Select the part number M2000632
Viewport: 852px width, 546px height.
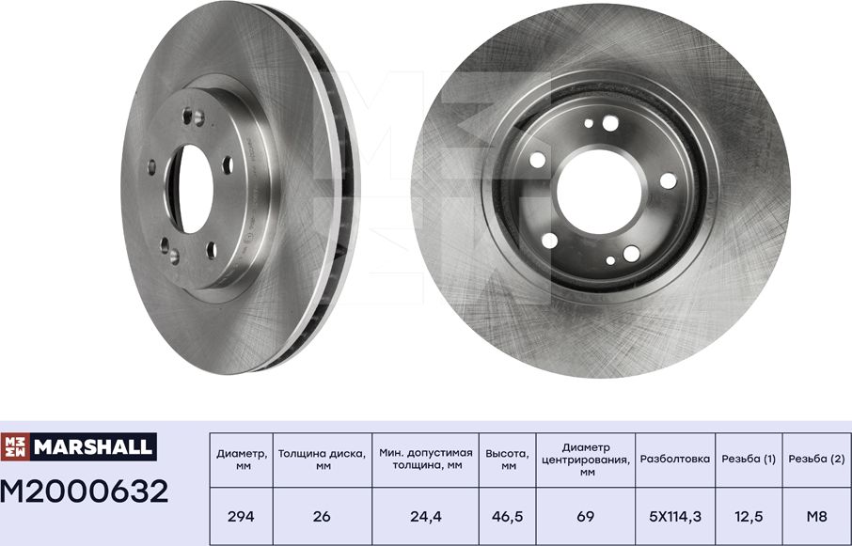[x=85, y=491]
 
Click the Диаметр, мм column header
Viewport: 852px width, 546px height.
[x=241, y=460]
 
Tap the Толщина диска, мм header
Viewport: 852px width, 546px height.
[x=321, y=460]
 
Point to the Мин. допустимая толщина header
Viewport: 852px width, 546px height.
[x=425, y=460]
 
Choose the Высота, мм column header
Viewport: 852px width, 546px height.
[x=507, y=460]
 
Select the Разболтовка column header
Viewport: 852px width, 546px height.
[x=675, y=460]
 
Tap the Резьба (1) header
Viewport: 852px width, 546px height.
[x=749, y=460]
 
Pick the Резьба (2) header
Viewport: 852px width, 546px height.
[x=815, y=460]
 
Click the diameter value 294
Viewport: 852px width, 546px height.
[x=241, y=517]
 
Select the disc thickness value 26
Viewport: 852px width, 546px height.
[x=321, y=517]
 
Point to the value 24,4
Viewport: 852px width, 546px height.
[x=425, y=517]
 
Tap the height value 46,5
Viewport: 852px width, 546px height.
[x=507, y=517]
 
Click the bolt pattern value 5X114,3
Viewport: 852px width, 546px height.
[x=675, y=517]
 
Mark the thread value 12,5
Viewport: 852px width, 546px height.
[x=749, y=517]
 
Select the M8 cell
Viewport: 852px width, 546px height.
[x=815, y=517]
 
